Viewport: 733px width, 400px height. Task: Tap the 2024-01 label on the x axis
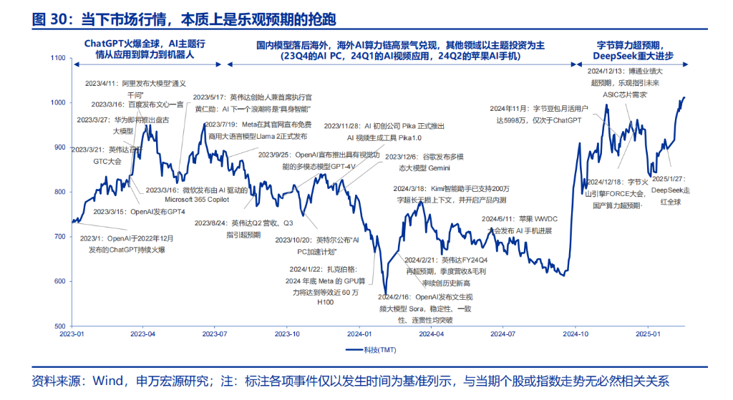click(x=360, y=333)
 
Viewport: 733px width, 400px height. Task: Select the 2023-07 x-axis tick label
click(x=215, y=333)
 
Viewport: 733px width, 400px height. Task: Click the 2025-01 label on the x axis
click(x=648, y=333)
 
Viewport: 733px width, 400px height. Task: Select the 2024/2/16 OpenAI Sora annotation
click(x=422, y=308)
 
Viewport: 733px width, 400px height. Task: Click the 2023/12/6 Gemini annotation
click(x=424, y=162)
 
